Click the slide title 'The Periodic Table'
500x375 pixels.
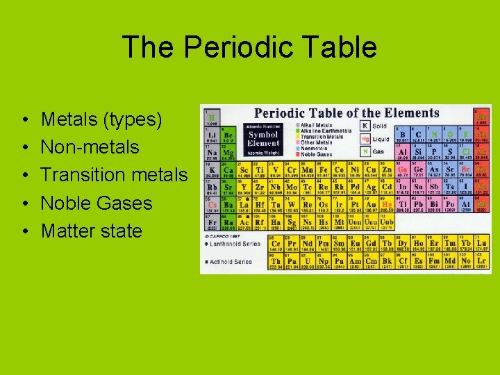click(249, 47)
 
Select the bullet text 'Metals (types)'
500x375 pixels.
click(101, 119)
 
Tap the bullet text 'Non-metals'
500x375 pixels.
click(90, 147)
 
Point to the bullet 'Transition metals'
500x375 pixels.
click(114, 175)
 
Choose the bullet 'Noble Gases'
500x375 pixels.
click(96, 203)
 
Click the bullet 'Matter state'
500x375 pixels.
click(91, 231)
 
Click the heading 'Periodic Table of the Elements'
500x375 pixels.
click(347, 113)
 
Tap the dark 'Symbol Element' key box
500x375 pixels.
click(263, 137)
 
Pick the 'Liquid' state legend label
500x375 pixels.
click(382, 139)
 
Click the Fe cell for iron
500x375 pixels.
click(324, 170)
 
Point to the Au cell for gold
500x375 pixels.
click(372, 205)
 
